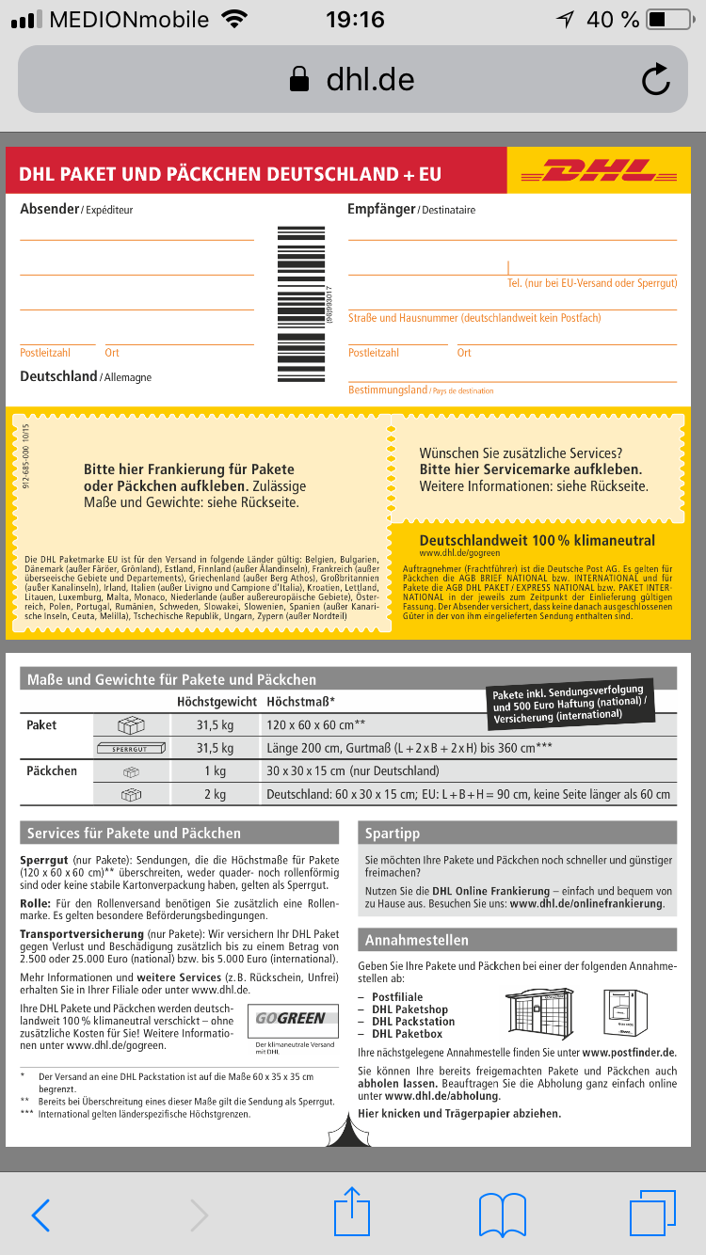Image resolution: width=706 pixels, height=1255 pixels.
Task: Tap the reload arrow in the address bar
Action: [655, 79]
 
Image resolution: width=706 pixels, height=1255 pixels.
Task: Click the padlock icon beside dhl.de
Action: [299, 79]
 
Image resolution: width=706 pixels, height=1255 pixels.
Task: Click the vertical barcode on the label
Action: [300, 304]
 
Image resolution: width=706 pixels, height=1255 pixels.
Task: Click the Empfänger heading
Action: [381, 209]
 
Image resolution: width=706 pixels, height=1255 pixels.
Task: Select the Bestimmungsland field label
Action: [388, 389]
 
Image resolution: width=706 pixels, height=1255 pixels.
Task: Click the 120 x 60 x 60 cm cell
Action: [316, 725]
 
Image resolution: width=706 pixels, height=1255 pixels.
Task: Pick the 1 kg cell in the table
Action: [215, 771]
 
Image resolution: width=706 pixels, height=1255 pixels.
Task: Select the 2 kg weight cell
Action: [215, 794]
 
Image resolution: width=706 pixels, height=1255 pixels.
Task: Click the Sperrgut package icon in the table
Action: [132, 749]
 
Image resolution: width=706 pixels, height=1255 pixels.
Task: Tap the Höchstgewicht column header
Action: [217, 702]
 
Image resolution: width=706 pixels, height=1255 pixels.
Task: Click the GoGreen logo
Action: [291, 1018]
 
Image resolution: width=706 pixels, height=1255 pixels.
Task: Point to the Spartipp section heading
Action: [393, 834]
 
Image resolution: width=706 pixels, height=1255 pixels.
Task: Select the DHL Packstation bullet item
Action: [413, 1021]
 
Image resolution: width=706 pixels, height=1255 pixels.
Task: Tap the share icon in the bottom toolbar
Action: [353, 1214]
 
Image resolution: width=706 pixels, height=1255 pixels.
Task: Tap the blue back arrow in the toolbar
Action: [40, 1215]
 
